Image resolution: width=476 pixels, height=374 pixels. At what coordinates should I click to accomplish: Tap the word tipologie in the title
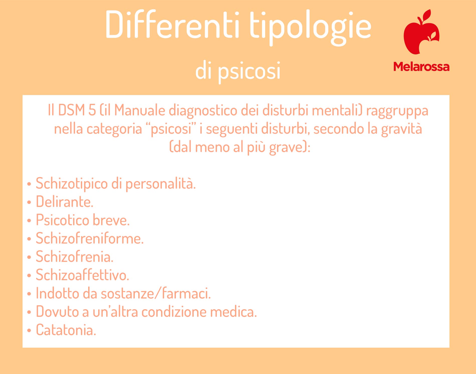click(x=310, y=28)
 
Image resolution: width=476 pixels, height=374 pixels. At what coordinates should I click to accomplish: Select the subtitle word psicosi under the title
click(x=249, y=71)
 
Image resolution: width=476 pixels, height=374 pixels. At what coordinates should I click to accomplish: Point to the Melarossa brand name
click(x=421, y=67)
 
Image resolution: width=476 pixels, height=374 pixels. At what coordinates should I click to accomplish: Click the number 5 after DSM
click(x=92, y=110)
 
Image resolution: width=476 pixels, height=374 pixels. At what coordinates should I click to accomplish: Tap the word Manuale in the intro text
click(x=140, y=110)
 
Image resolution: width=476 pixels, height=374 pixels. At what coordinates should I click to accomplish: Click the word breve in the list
click(x=111, y=220)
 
